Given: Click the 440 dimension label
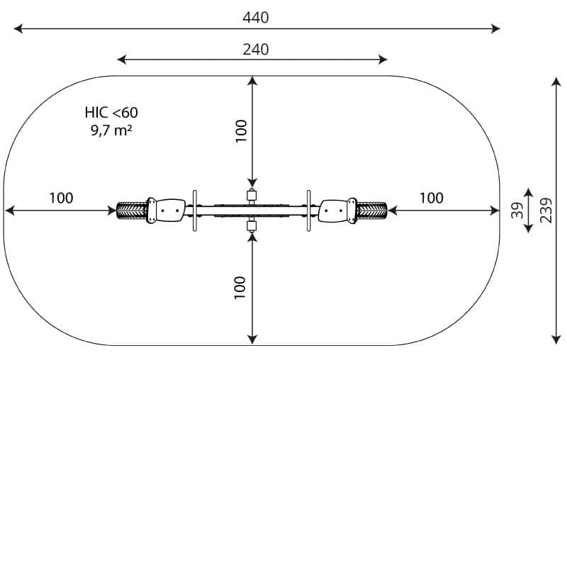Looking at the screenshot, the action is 256,17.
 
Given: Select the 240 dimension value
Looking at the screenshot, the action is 256,50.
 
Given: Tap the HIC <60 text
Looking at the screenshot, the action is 111,113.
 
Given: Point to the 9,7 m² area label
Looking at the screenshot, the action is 111,130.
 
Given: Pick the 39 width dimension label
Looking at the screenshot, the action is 517,210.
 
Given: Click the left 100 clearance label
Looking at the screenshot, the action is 61,198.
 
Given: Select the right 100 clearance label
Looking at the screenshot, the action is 432,198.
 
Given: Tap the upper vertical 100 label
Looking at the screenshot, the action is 241,131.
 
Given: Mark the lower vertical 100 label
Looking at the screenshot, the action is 240,288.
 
